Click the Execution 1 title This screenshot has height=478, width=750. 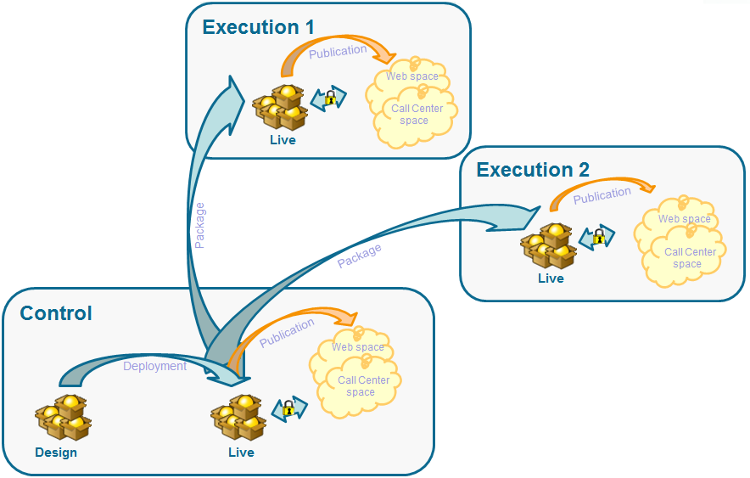tap(258, 27)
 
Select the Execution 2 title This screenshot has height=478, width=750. tap(533, 170)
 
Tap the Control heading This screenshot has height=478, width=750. tap(56, 313)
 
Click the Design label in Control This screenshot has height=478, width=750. tap(56, 452)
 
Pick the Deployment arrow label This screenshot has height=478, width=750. tap(154, 366)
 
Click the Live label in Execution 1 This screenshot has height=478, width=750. tap(283, 139)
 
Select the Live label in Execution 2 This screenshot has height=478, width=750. tap(551, 278)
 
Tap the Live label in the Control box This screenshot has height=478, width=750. tap(241, 452)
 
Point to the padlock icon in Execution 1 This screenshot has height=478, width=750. tap(330, 98)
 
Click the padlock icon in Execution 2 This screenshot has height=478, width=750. tap(598, 238)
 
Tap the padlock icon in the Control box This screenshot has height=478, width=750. tap(289, 409)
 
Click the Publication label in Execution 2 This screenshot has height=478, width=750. tap(602, 195)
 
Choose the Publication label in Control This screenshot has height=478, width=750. tap(287, 333)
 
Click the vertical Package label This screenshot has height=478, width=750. tap(199, 225)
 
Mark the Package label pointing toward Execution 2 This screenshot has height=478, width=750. tap(359, 256)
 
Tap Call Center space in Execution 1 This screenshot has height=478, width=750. tap(417, 115)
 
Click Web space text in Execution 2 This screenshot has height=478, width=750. tap(685, 219)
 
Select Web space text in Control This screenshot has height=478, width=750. tap(358, 347)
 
